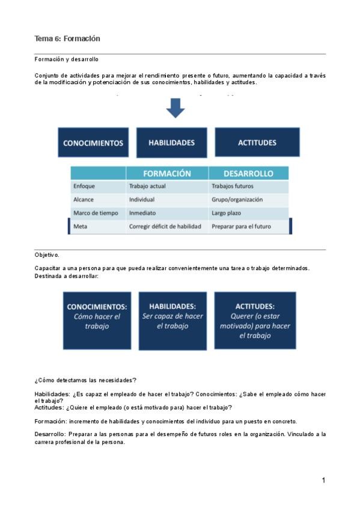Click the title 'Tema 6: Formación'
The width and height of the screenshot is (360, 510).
pos(67,38)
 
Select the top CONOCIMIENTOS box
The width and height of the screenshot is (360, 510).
pos(93,143)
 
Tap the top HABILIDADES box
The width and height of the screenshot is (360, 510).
pos(171,143)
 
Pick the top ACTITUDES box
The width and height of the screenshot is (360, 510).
pos(257,143)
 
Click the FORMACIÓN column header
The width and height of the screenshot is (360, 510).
pos(167,173)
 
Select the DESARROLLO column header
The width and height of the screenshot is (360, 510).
pos(248,173)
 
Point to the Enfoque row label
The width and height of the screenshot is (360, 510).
pos(84,186)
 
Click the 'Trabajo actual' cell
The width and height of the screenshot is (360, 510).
pos(147,186)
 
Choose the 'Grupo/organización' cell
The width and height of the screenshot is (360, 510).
pos(237,200)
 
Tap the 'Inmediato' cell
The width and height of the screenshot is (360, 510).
pos(142,213)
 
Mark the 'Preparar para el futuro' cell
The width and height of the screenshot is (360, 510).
pos(241,227)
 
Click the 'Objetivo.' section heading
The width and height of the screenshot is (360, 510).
pos(47,255)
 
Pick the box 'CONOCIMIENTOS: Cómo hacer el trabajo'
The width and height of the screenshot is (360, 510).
pos(97,320)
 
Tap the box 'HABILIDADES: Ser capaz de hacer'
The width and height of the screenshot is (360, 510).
pos(172,320)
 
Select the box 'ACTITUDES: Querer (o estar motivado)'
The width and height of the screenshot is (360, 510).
pos(255,320)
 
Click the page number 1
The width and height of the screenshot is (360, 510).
pos(323,480)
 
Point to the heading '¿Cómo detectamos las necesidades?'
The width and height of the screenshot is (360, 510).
pos(85,379)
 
